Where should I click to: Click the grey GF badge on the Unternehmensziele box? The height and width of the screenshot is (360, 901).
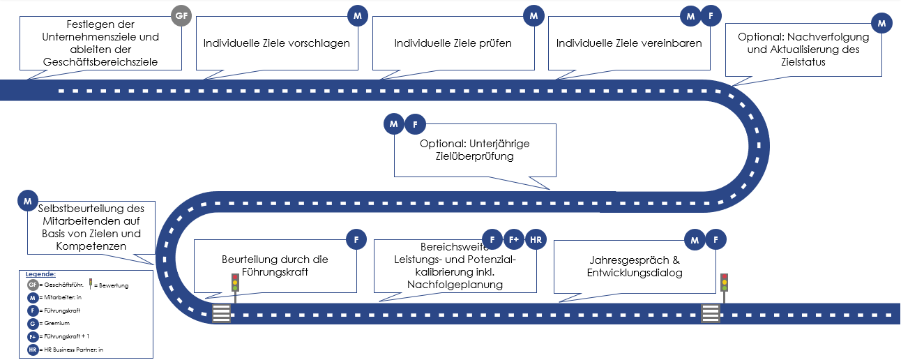pyautogui.click(x=181, y=15)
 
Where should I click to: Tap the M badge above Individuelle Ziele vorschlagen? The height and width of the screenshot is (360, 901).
pyautogui.click(x=357, y=15)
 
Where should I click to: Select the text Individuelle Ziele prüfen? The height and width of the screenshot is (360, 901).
pyautogui.click(x=453, y=43)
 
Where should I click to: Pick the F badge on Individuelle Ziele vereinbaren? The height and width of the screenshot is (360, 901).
pyautogui.click(x=711, y=15)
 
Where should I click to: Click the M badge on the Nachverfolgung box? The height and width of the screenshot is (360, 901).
pyautogui.click(x=882, y=24)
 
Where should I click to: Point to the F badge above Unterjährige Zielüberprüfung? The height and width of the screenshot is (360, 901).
pyautogui.click(x=415, y=125)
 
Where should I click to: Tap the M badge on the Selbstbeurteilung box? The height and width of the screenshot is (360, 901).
pyautogui.click(x=27, y=201)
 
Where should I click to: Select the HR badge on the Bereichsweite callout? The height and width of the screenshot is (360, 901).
pyautogui.click(x=536, y=239)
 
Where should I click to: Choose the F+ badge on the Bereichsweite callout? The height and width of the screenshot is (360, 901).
pyautogui.click(x=514, y=239)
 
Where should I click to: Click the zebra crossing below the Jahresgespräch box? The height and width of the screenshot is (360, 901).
pyautogui.click(x=711, y=313)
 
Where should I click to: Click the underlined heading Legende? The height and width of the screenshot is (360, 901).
pyautogui.click(x=40, y=274)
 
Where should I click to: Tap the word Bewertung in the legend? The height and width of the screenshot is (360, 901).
pyautogui.click(x=114, y=285)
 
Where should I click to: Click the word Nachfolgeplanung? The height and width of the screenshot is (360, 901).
pyautogui.click(x=455, y=285)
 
